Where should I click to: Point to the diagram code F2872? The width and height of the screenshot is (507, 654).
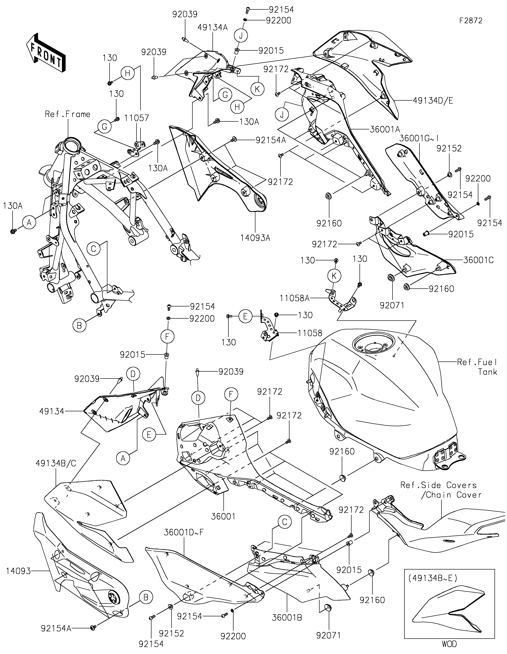471,21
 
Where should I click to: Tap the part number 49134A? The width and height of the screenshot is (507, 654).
213,28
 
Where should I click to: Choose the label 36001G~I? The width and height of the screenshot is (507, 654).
419,138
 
